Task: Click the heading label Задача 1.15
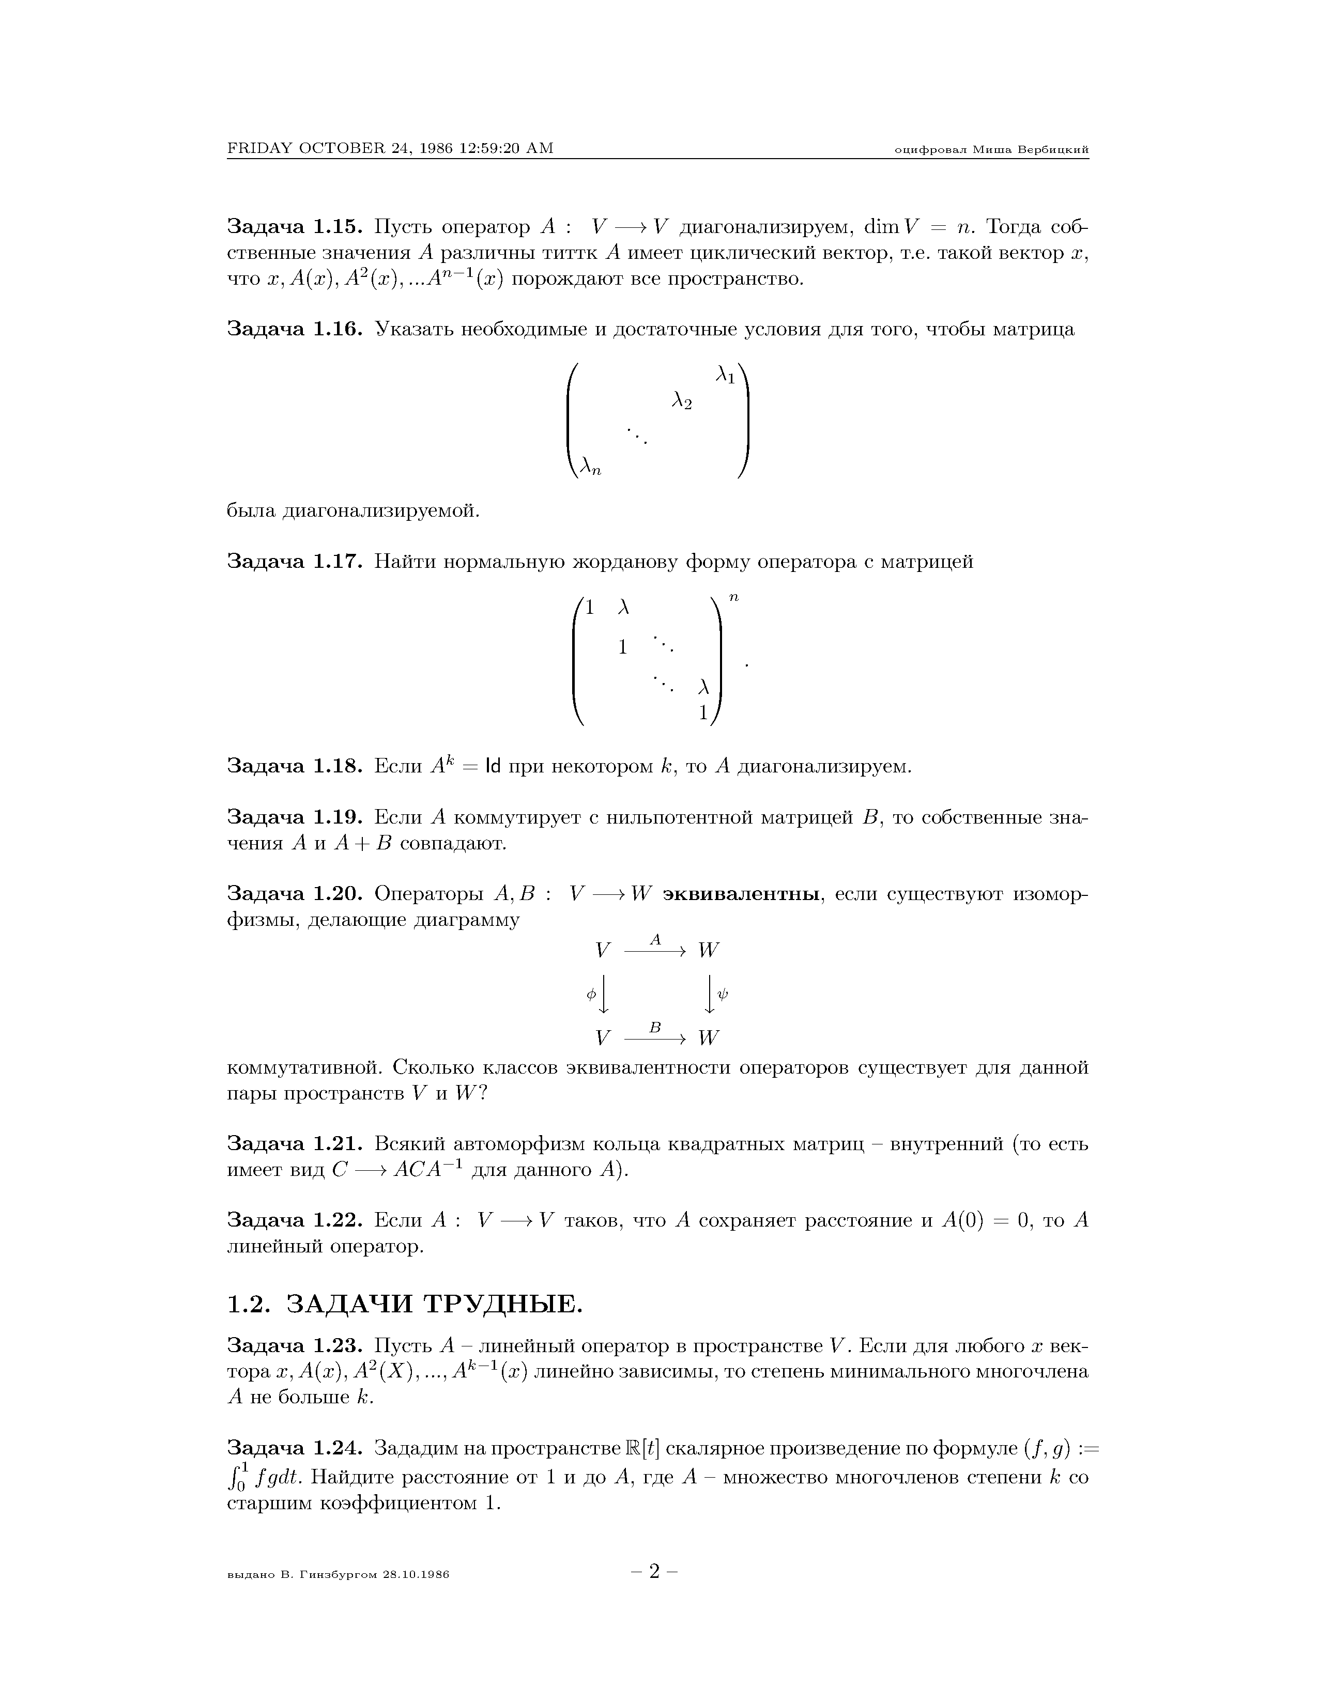pos(295,227)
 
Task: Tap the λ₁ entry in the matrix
pos(725,376)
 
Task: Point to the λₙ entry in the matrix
pos(590,467)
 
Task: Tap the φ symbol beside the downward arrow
pos(591,994)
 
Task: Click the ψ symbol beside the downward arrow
pos(723,994)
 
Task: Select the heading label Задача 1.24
pos(295,1448)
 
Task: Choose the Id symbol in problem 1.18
pos(493,767)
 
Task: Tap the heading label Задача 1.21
pos(295,1144)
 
